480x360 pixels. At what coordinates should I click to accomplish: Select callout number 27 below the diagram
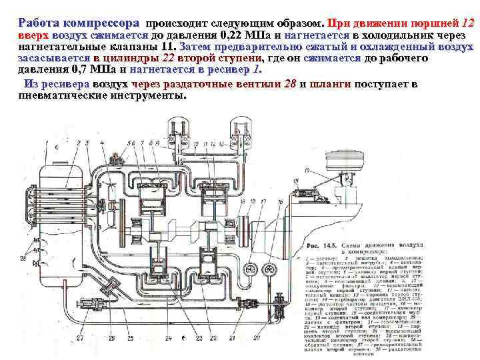click(79, 338)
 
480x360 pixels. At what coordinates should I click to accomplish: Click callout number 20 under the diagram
click(255, 338)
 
